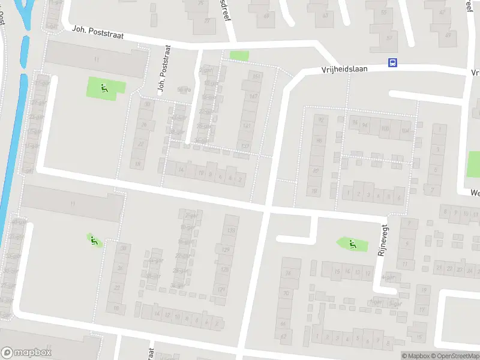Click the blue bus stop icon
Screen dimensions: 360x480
tap(392, 62)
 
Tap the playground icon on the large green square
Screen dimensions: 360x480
tap(104, 89)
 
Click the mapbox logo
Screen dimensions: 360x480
tap(26, 353)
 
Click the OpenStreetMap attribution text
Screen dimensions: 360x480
tap(455, 356)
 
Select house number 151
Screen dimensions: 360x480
tap(255, 76)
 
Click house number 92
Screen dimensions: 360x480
tap(320, 120)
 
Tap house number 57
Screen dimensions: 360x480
tap(389, 37)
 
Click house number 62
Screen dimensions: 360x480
tap(283, 337)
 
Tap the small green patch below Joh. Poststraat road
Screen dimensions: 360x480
tap(239, 55)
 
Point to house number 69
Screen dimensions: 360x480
tap(266, 16)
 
